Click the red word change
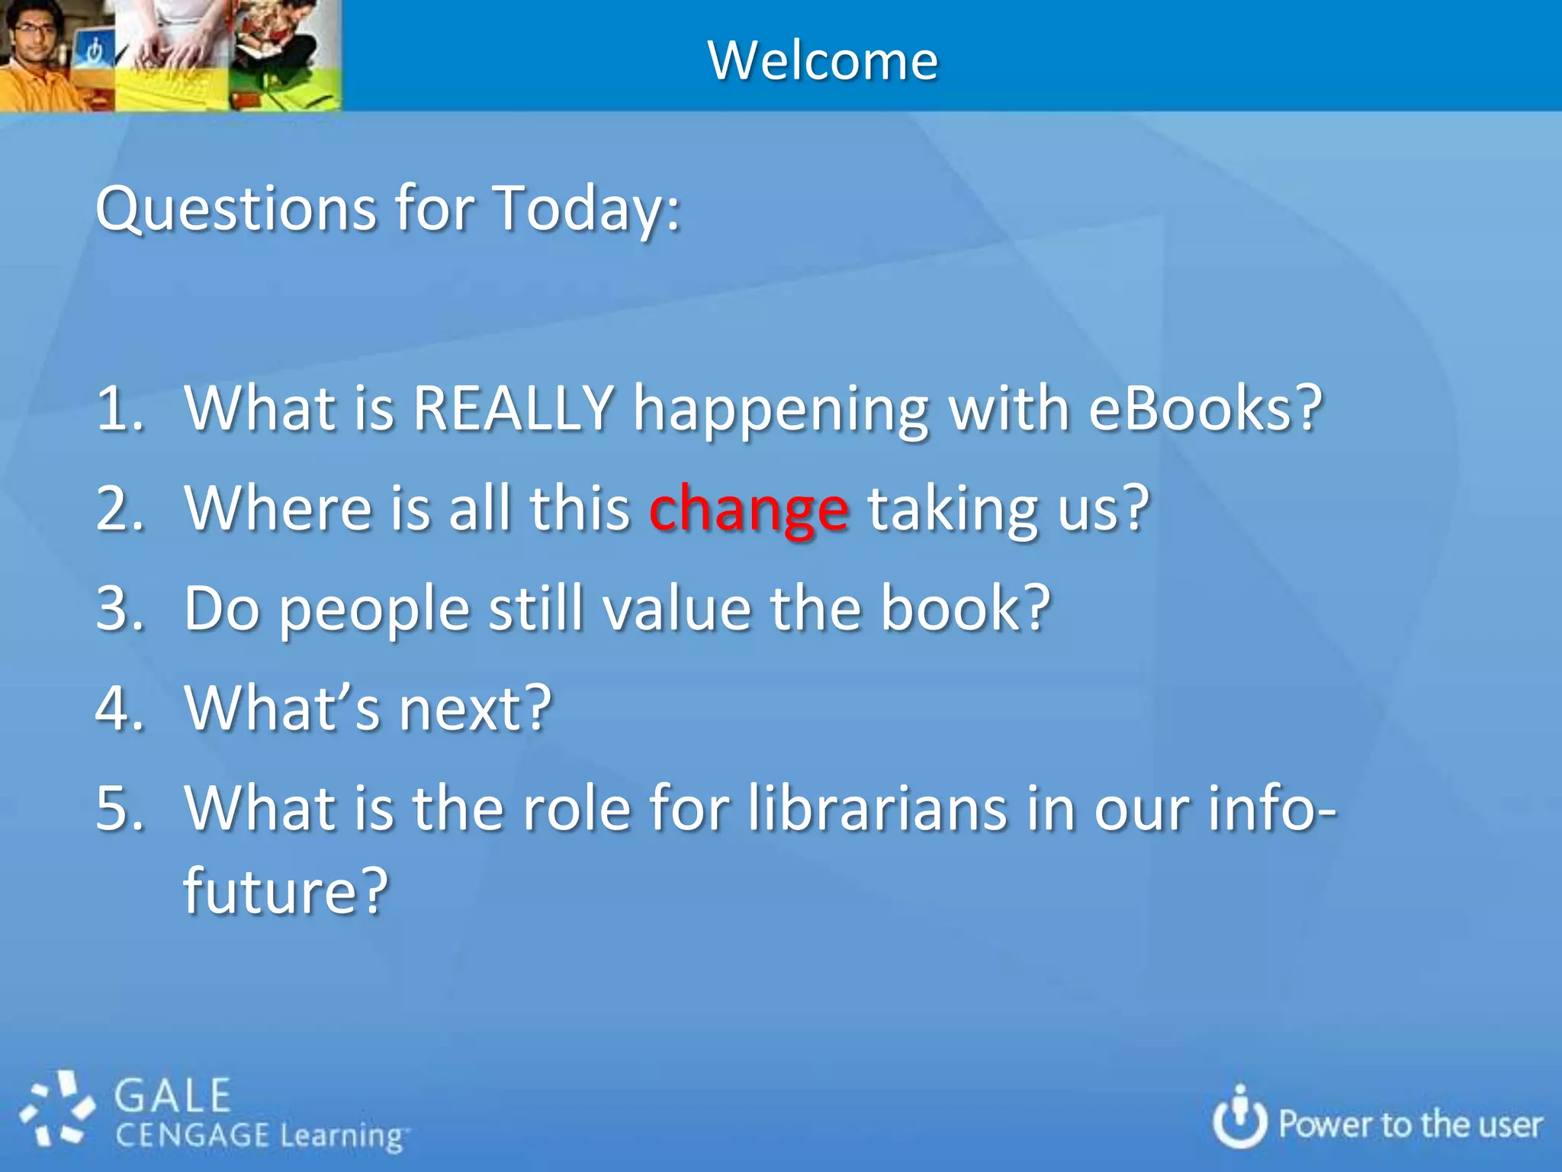(748, 510)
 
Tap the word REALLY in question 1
(513, 408)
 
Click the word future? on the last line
(286, 890)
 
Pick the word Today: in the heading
(587, 209)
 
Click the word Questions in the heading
(236, 209)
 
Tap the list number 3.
(119, 609)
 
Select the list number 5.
(119, 809)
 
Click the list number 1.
(119, 408)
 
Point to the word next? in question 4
(475, 709)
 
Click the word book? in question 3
(966, 609)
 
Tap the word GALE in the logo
(172, 1096)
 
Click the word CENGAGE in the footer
(192, 1135)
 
